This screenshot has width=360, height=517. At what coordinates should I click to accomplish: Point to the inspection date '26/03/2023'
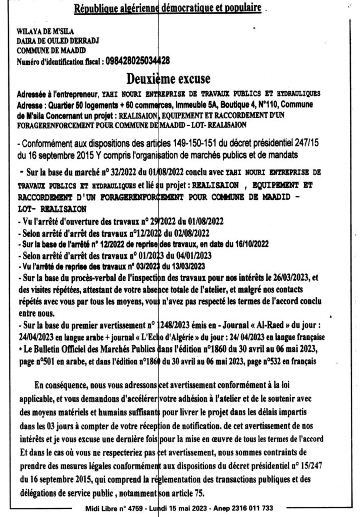pyautogui.click(x=293, y=277)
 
